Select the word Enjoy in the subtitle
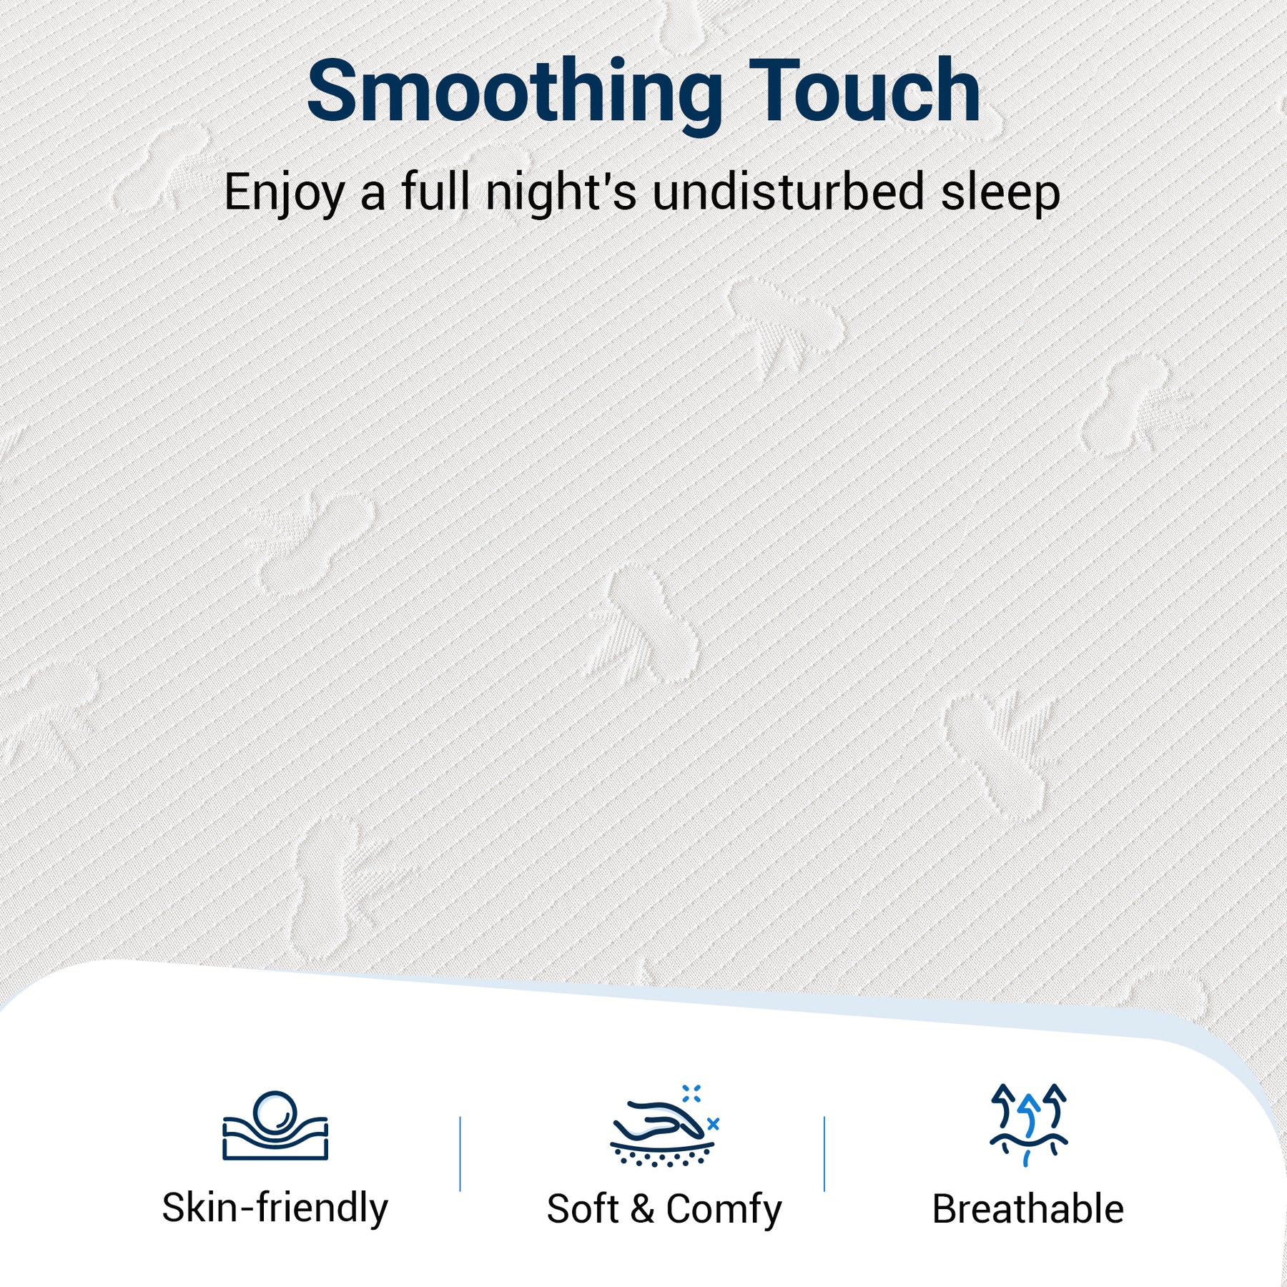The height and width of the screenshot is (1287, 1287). pyautogui.click(x=285, y=194)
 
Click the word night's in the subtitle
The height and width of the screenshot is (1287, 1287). pyautogui.click(x=561, y=192)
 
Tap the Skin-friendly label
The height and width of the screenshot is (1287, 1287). pyautogui.click(x=275, y=1208)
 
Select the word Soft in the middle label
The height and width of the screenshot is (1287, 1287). pyautogui.click(x=582, y=1209)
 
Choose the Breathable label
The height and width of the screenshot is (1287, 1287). pyautogui.click(x=1028, y=1208)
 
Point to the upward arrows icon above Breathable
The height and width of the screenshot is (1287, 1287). pyautogui.click(x=1028, y=1125)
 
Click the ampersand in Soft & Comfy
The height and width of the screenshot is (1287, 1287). pyautogui.click(x=642, y=1209)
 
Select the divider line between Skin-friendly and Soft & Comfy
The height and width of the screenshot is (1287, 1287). pyautogui.click(x=460, y=1154)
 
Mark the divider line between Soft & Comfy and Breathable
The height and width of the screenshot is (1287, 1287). pyautogui.click(x=824, y=1154)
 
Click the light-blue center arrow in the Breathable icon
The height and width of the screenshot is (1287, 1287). pyautogui.click(x=1029, y=1115)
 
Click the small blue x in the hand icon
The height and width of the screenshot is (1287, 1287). pyautogui.click(x=713, y=1125)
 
